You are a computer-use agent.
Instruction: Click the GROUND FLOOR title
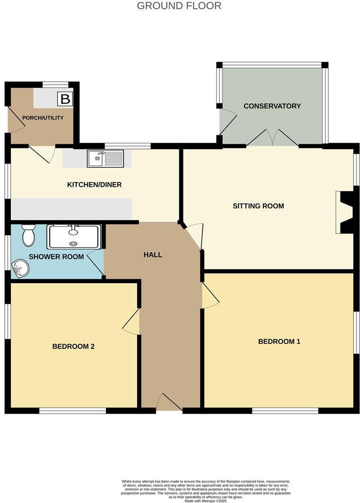tap(179, 6)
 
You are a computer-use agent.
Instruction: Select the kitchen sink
tap(105, 158)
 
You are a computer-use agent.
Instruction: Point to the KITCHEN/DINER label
tap(94, 185)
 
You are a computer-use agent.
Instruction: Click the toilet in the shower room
tap(28, 235)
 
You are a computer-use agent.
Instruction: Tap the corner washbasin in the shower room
tap(20, 269)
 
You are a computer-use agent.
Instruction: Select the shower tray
tap(73, 236)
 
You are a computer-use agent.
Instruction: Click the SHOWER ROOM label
tap(56, 257)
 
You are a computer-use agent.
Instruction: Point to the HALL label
tap(153, 255)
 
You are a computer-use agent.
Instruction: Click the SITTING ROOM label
tap(258, 206)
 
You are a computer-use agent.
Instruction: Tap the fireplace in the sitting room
tap(345, 212)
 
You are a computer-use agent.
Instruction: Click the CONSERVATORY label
tap(272, 106)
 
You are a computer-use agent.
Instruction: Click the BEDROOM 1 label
tap(279, 341)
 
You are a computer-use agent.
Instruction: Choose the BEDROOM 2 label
tap(73, 346)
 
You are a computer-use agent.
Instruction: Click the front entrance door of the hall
tap(169, 404)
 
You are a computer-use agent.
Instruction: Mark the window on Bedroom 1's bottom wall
tap(285, 411)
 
